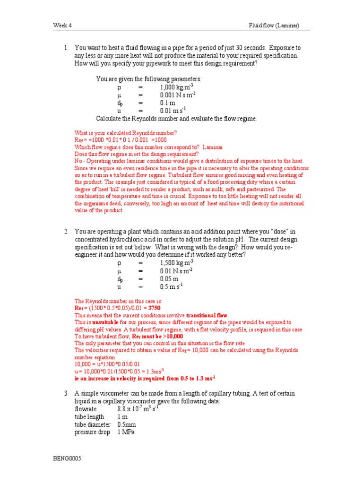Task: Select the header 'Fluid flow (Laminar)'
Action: [274, 26]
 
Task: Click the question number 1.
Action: [67, 48]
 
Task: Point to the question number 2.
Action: [67, 231]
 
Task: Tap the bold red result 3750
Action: [161, 308]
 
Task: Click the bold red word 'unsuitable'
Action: [102, 322]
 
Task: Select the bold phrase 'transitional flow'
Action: [207, 315]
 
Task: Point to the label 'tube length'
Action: [90, 417]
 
